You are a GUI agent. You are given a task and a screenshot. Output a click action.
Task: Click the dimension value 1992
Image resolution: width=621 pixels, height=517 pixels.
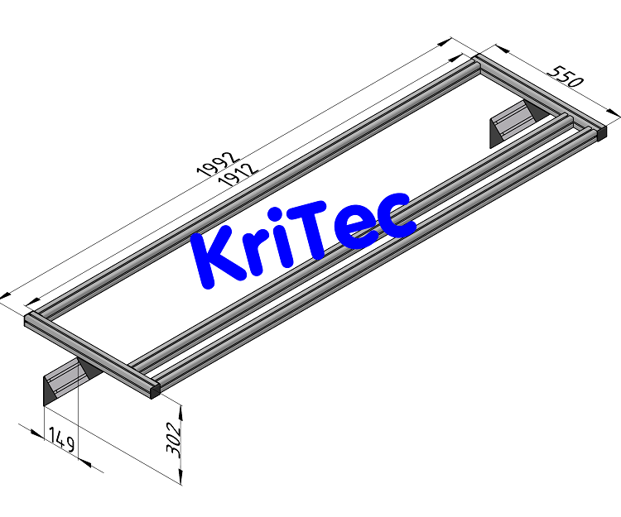[x=217, y=162]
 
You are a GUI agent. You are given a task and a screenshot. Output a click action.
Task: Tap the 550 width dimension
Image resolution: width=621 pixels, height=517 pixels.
[x=565, y=76]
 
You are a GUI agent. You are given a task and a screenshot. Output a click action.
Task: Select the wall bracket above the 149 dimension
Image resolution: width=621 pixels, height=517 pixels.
[x=66, y=381]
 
